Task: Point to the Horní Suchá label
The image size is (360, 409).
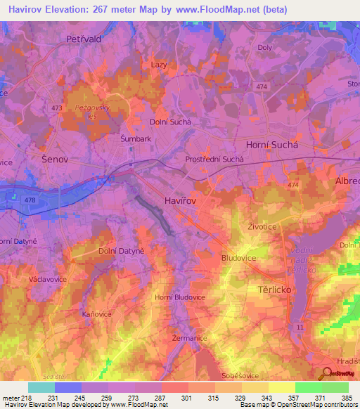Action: pyautogui.click(x=272, y=143)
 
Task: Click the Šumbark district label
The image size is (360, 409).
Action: pyautogui.click(x=136, y=139)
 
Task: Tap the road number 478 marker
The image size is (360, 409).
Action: pyautogui.click(x=30, y=200)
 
